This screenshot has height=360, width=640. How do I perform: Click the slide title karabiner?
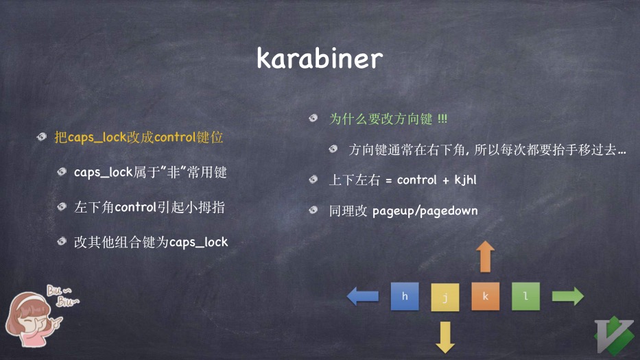point(319,58)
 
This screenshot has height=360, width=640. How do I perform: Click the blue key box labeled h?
point(405,296)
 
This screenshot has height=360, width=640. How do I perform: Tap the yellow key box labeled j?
point(445,298)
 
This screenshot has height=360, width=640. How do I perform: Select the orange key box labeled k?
point(486,296)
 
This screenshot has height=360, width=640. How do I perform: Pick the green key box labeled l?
point(525,296)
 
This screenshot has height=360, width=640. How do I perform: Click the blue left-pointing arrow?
point(363,296)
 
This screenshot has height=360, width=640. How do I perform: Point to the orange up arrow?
point(486,256)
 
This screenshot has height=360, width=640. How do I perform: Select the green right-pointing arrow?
point(568,296)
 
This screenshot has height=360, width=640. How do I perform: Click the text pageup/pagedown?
point(425,211)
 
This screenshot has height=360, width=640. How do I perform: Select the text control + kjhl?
point(436,180)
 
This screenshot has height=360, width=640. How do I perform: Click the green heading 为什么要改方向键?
point(381,119)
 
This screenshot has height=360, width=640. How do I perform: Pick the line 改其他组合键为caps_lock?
point(151,242)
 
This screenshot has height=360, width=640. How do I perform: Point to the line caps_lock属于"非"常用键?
point(150,173)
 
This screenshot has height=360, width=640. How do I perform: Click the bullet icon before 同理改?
point(314,210)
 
